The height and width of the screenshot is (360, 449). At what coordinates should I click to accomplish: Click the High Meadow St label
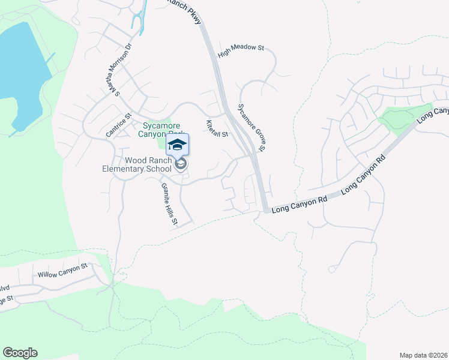(x=241, y=50)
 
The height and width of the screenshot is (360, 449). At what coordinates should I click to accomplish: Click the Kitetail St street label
(x=217, y=128)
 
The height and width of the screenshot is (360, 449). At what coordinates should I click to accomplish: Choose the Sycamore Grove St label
(x=252, y=127)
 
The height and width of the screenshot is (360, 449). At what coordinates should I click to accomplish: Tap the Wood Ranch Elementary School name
(x=140, y=164)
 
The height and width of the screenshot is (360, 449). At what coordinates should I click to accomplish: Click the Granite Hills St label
(x=169, y=204)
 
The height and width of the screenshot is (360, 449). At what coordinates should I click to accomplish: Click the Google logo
(x=20, y=353)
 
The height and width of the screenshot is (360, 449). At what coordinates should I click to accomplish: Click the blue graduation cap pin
(x=177, y=144)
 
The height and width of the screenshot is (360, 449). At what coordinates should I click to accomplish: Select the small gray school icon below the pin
(x=179, y=163)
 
